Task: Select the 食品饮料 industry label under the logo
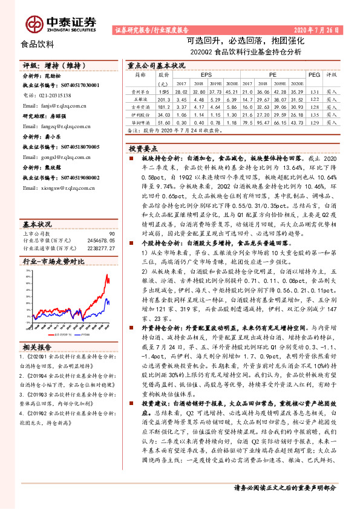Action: click(38, 44)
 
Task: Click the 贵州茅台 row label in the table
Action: click(140, 91)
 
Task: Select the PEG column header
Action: click(313, 74)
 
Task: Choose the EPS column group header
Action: click(206, 74)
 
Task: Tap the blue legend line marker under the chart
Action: click(83, 333)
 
